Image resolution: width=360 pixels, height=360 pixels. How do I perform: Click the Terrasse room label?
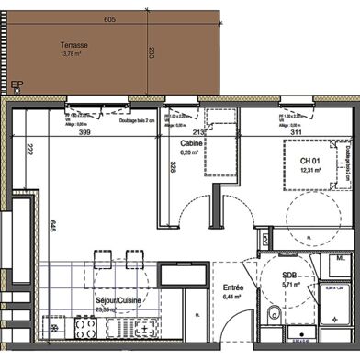tap(73, 44)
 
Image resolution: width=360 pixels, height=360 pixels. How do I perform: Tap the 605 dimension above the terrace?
tap(109, 19)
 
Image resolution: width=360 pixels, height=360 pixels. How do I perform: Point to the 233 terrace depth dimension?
tap(151, 54)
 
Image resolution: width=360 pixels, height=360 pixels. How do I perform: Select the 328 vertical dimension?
tap(172, 167)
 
